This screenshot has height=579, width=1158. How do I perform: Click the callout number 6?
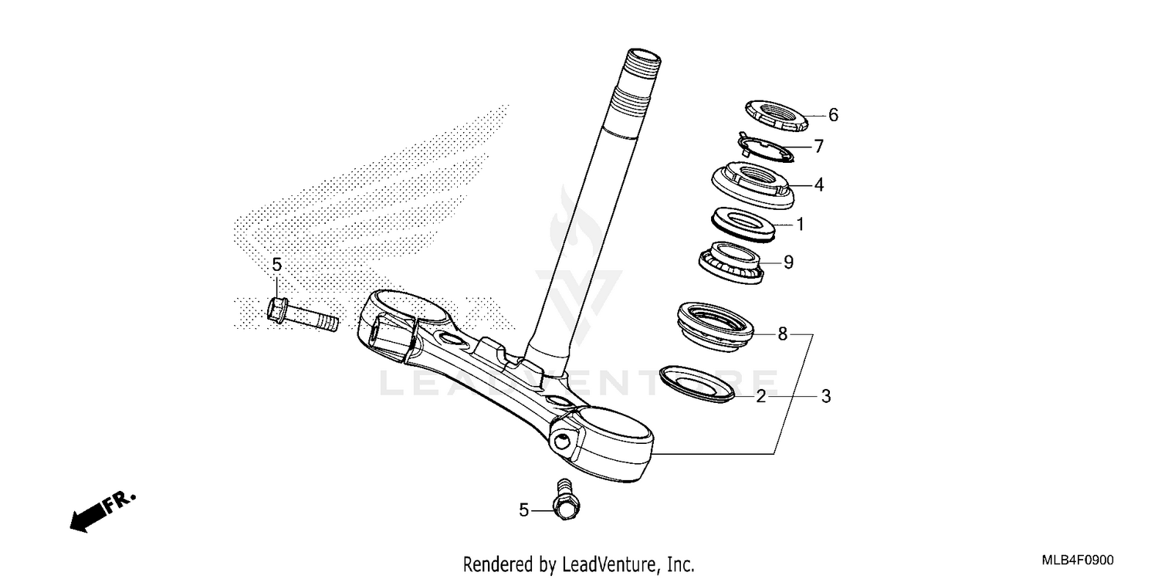pyautogui.click(x=833, y=116)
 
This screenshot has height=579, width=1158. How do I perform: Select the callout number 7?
pyautogui.click(x=819, y=146)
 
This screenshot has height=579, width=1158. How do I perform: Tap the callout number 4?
pyautogui.click(x=819, y=185)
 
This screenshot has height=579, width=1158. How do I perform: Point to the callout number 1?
pyautogui.click(x=801, y=225)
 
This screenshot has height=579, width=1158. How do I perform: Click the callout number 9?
pyautogui.click(x=788, y=262)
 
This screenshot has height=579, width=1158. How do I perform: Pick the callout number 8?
pyautogui.click(x=782, y=334)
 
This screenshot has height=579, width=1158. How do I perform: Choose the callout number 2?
pyautogui.click(x=761, y=397)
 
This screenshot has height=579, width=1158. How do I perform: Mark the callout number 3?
pyautogui.click(x=825, y=397)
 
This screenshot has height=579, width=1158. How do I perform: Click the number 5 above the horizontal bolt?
pyautogui.click(x=277, y=266)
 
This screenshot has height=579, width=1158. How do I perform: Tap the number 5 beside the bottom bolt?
pyautogui.click(x=524, y=510)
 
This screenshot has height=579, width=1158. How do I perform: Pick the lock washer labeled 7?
pyautogui.click(x=764, y=147)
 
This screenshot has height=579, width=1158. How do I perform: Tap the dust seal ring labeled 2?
pyautogui.click(x=699, y=384)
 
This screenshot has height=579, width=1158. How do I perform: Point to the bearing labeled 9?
pyautogui.click(x=730, y=260)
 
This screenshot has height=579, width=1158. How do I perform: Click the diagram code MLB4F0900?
pyautogui.click(x=1078, y=561)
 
